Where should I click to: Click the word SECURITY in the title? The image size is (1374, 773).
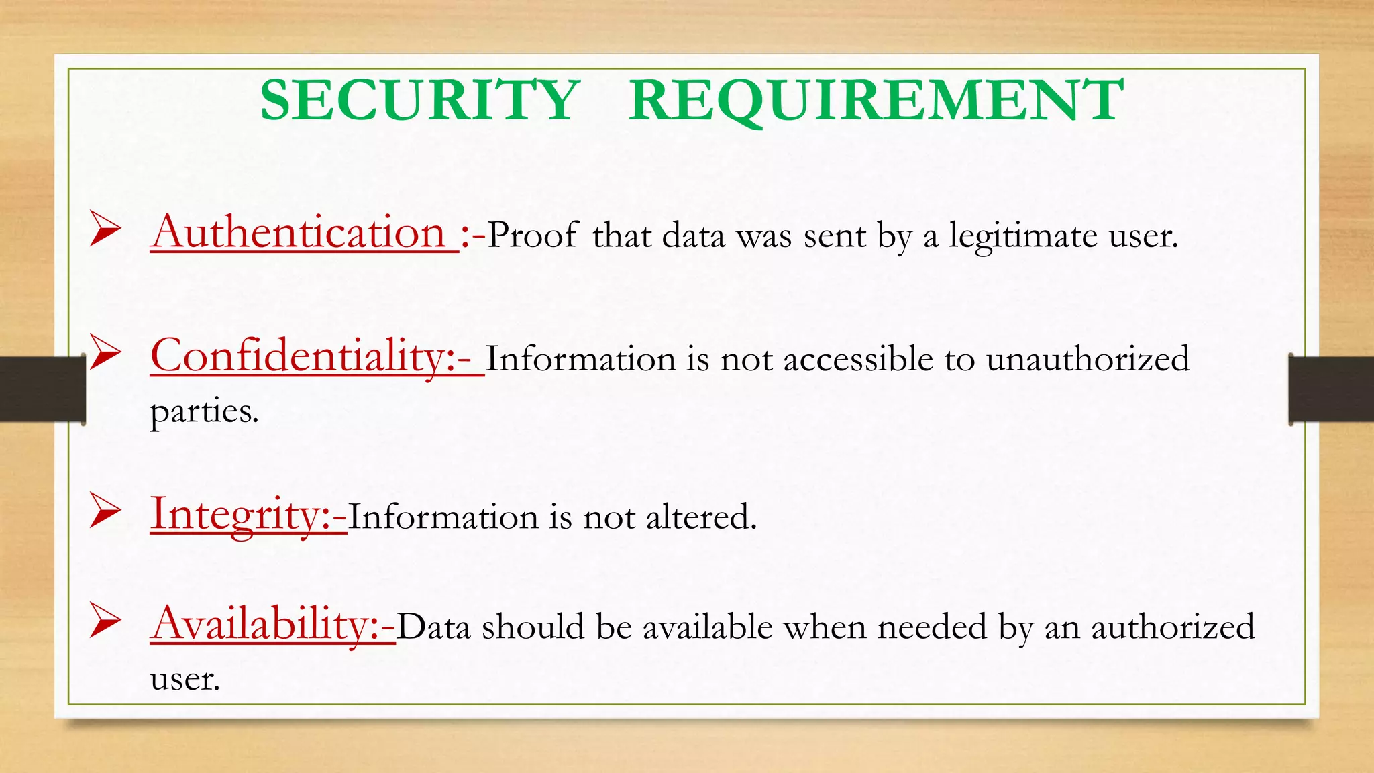[420, 101]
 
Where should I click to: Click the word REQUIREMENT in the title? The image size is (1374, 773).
[876, 101]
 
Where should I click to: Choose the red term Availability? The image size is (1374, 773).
[266, 624]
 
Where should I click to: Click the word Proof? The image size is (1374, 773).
[532, 236]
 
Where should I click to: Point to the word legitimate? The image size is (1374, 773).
[1022, 237]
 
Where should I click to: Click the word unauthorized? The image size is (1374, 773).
[1088, 359]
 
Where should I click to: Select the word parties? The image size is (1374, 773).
[204, 412]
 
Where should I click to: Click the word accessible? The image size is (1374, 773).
[858, 359]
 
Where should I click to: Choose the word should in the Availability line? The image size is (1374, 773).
[533, 627]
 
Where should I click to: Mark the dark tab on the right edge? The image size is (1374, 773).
[1332, 389]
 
